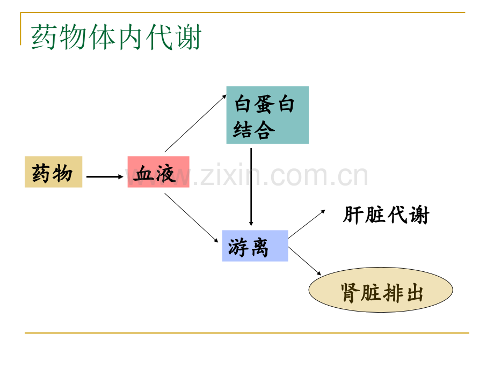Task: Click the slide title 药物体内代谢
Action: coord(117,37)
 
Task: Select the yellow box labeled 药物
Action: coord(54,172)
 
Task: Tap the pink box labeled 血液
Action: coord(158,172)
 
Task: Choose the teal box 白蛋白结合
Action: coord(267,115)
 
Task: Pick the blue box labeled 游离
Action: coord(255,246)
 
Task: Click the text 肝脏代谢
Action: coord(386,215)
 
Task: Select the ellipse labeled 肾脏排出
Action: coord(381,290)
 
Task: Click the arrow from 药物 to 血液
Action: coord(105,177)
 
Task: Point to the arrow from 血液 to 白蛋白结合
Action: coord(195,123)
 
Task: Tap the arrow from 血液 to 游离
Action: coord(192,218)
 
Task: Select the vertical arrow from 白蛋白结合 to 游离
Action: coord(251,187)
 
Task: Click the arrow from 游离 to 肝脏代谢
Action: coord(307,224)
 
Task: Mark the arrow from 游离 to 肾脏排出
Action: coord(304,261)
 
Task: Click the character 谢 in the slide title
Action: coord(189,37)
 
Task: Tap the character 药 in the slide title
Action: coord(43,37)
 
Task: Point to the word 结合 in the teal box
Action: coord(254,130)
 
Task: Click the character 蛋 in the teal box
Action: coord(264,105)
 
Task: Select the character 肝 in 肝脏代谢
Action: coord(353,215)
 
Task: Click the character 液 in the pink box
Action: coord(165,174)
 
